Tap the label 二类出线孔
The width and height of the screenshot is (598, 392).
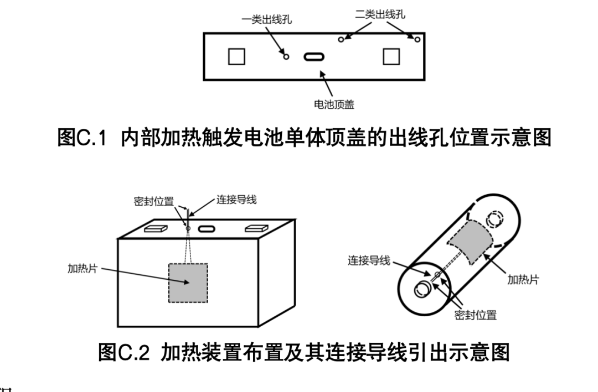[380, 15]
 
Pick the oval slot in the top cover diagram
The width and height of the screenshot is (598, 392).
[314, 56]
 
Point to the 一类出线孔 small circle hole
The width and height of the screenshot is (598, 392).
[286, 56]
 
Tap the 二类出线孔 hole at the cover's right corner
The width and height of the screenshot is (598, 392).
[417, 39]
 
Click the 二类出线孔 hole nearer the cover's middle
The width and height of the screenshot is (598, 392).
[341, 39]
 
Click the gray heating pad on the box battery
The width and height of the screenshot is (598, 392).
[188, 282]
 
